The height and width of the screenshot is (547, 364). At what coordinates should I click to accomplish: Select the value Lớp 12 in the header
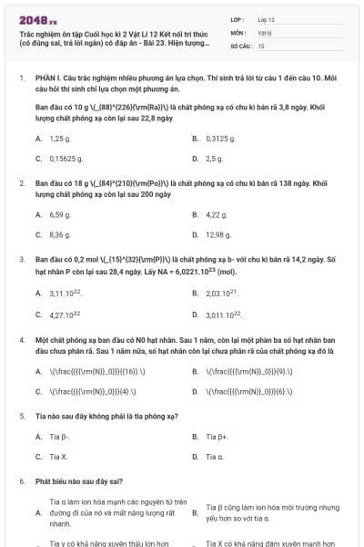pyautogui.click(x=266, y=18)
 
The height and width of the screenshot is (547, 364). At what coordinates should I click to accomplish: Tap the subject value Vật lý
pyautogui.click(x=264, y=31)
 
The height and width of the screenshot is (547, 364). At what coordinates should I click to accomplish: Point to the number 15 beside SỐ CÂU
pyautogui.click(x=261, y=45)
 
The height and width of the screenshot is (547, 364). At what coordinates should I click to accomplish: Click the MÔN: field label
pyautogui.click(x=238, y=31)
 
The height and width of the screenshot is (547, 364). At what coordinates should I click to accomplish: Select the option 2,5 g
pyautogui.click(x=215, y=159)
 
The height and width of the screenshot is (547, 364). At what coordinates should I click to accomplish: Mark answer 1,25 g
pyautogui.click(x=60, y=139)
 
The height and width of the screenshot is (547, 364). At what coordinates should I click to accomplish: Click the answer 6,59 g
pyautogui.click(x=60, y=215)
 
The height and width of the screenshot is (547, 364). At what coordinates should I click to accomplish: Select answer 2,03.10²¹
pyautogui.click(x=223, y=294)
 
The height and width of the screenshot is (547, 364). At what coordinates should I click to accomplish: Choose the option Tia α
pyautogui.click(x=215, y=456)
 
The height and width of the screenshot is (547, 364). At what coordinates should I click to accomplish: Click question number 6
pyautogui.click(x=22, y=480)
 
